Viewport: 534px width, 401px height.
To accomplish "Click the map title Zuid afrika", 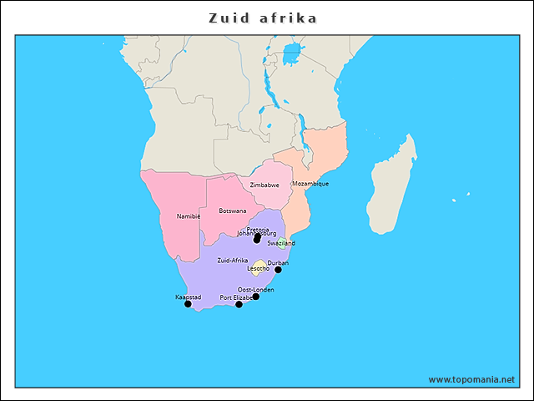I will [x=263, y=18].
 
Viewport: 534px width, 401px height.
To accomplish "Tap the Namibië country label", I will [x=189, y=216].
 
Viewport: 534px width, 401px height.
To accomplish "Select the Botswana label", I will [x=232, y=211].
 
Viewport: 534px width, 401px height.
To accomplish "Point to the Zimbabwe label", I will [x=264, y=185].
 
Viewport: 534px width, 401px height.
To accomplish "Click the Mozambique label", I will [x=310, y=183].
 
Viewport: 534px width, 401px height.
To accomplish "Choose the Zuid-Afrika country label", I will [x=232, y=261].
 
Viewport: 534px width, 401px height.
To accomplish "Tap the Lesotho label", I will [x=258, y=269].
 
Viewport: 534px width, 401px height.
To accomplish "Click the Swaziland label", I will [x=281, y=243].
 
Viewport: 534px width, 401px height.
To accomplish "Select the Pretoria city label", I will [x=258, y=229].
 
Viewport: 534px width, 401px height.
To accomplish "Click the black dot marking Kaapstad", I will [x=188, y=304].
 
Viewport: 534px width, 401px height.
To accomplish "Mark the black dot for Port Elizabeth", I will [x=239, y=305].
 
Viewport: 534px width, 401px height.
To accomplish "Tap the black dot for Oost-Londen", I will [x=256, y=297].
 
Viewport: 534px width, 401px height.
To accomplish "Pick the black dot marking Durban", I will [x=278, y=270].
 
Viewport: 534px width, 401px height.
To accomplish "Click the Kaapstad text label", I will [x=188, y=297].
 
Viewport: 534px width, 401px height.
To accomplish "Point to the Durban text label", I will [x=278, y=262].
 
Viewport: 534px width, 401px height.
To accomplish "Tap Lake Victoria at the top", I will [x=291, y=55].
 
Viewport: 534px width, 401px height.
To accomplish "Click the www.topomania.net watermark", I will [x=471, y=379].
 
